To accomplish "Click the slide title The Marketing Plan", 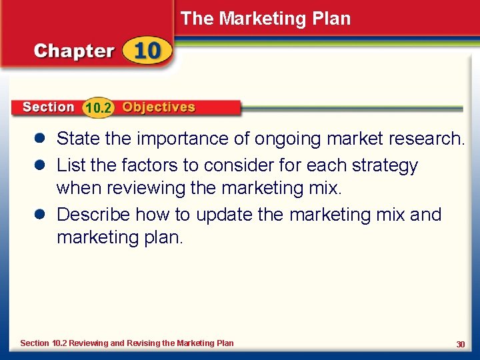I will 265,19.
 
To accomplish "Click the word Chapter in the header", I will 74,51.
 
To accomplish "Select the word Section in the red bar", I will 48,107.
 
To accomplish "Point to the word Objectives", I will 159,107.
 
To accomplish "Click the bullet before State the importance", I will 40,139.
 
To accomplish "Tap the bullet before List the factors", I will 40,165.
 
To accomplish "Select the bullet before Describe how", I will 40,215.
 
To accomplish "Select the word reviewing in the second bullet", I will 144,189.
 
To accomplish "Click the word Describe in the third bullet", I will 93,215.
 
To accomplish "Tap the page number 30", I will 460,344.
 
